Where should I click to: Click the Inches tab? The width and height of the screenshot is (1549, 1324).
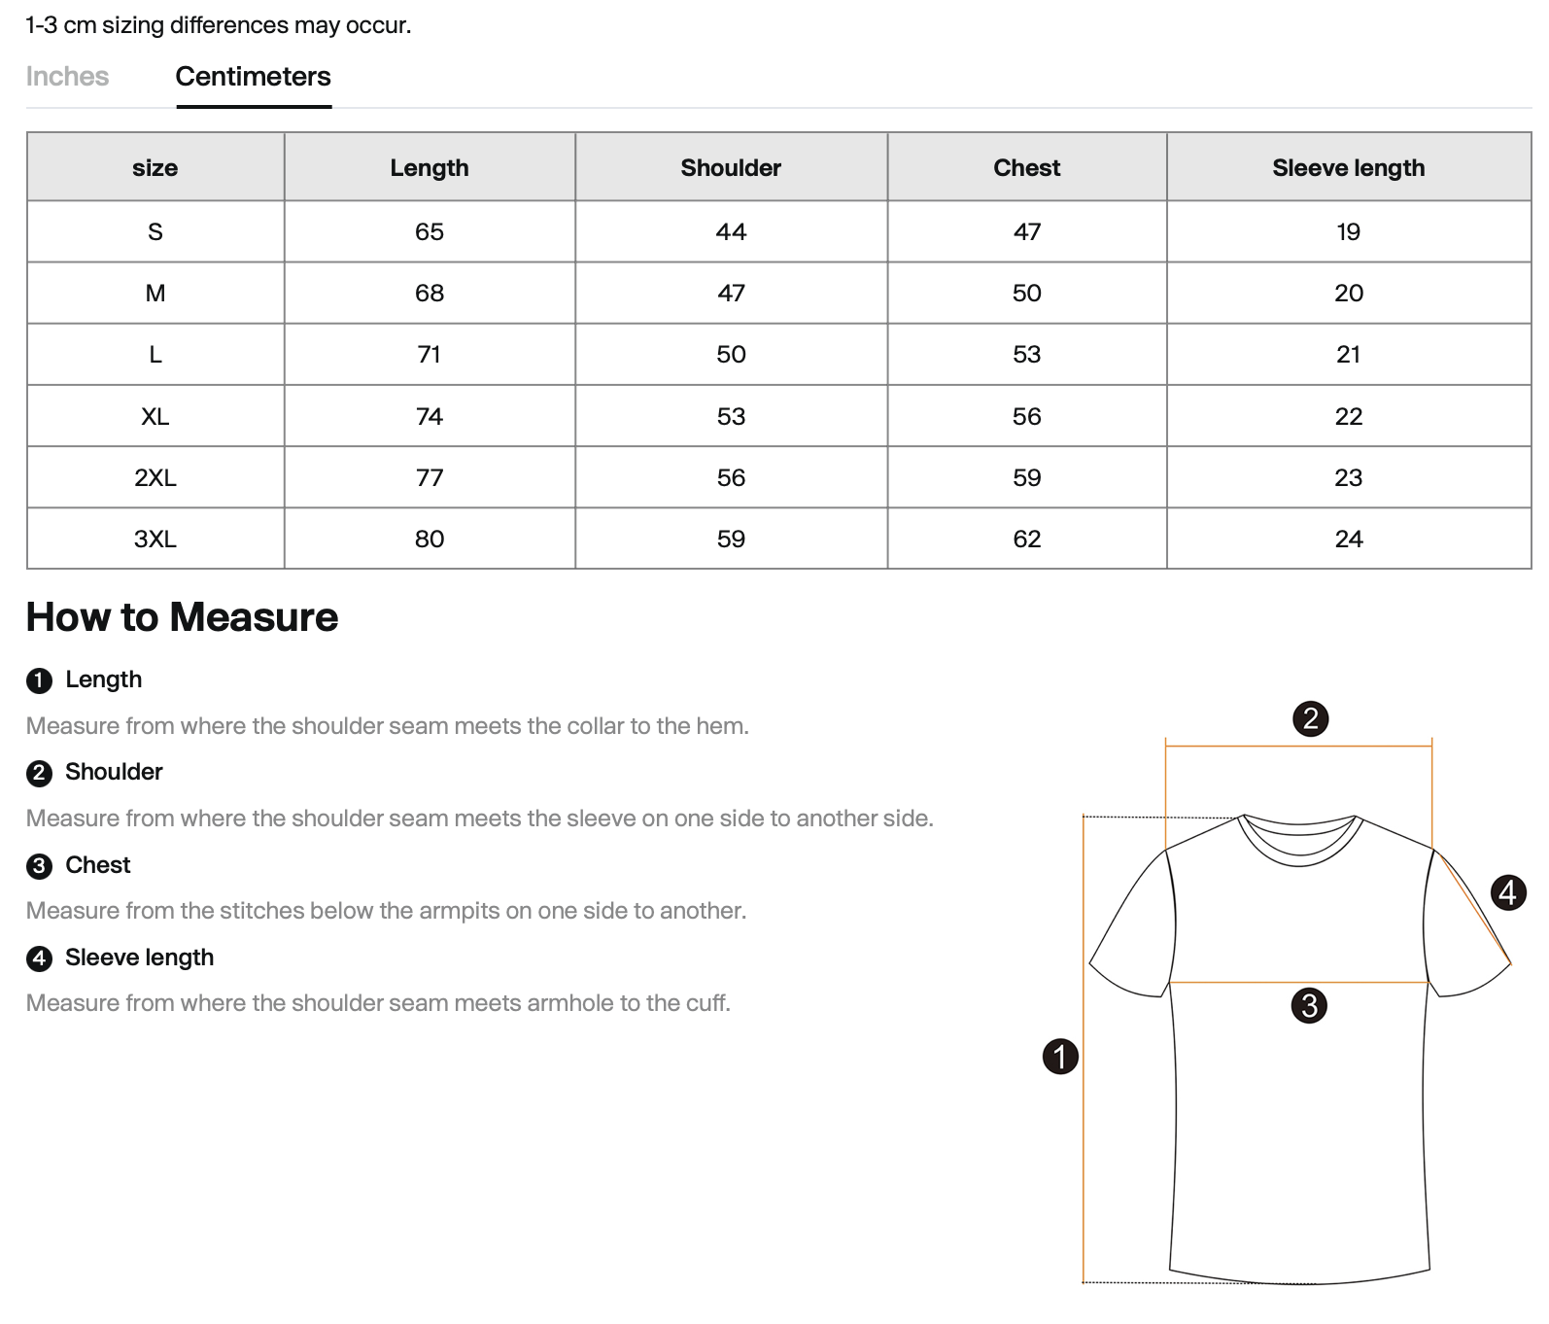[x=67, y=77]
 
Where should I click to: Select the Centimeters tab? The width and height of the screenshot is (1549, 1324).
[x=253, y=77]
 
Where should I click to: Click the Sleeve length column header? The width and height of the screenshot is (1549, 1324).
[x=1348, y=168]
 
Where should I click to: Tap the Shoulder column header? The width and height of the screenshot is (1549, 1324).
[x=731, y=168]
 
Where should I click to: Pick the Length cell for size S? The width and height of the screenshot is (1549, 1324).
[x=429, y=232]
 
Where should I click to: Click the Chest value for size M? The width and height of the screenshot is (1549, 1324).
[x=1026, y=294]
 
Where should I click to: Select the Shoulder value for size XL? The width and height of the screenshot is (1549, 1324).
[x=731, y=417]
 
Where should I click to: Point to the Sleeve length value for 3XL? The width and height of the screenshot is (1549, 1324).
[x=1348, y=540]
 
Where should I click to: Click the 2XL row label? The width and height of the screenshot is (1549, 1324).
[x=155, y=478]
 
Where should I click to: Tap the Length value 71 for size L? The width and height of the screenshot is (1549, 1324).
[x=429, y=355]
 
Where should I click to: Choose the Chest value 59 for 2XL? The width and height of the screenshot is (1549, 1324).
[x=1026, y=478]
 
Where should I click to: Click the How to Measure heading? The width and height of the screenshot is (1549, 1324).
[x=182, y=617]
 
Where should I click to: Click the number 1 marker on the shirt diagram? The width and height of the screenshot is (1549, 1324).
[x=1060, y=1056]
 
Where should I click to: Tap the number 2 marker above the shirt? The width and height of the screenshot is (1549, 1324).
[x=1310, y=718]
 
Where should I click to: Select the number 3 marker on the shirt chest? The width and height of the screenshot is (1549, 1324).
[x=1309, y=1005]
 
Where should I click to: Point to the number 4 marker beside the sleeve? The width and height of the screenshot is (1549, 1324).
[x=1507, y=891]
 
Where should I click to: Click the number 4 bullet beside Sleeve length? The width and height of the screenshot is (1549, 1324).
[x=39, y=958]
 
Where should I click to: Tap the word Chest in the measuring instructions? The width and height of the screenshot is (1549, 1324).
[x=97, y=865]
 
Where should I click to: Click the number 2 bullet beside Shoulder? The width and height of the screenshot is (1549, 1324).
[x=39, y=773]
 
